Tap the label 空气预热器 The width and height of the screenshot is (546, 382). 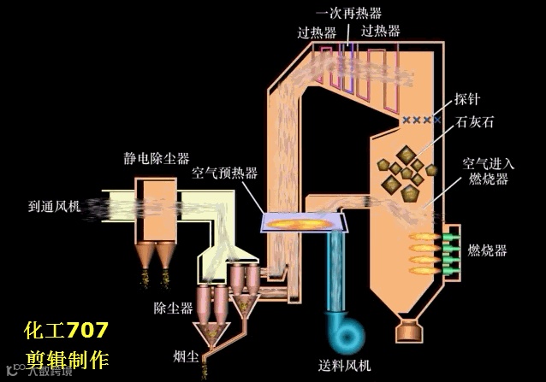[x=224, y=172]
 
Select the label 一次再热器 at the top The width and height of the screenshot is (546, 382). [x=348, y=13]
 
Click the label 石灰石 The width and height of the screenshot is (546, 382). [x=475, y=122]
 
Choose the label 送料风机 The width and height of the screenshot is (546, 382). [x=346, y=366]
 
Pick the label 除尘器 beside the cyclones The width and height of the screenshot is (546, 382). [x=173, y=308]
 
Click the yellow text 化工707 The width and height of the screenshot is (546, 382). [x=66, y=330]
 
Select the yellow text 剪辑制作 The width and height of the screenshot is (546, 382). [x=66, y=358]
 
